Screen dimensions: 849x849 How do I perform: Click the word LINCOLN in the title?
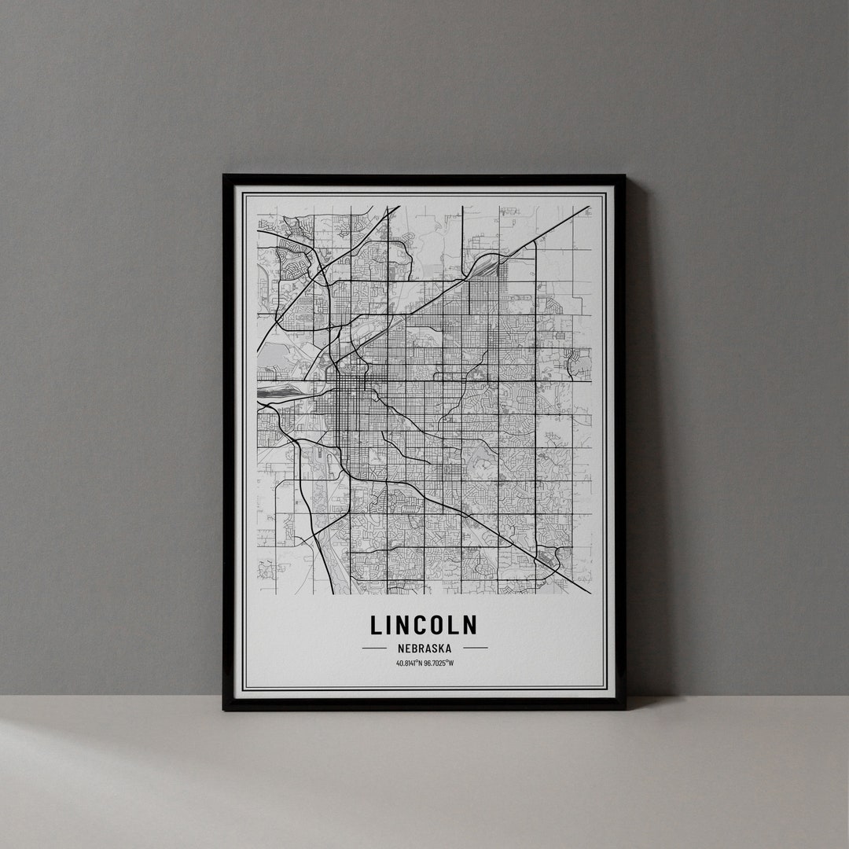click(424, 625)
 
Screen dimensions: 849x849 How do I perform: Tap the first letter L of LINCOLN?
click(377, 625)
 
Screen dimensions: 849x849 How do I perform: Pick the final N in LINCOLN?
click(469, 625)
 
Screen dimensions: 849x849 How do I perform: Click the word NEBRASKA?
click(424, 649)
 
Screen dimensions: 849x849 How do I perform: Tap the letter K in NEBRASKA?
click(443, 649)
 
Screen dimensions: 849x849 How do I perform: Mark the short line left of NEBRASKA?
click(373, 649)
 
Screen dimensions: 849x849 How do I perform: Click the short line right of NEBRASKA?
click(475, 649)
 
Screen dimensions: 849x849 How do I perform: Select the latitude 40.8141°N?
click(410, 663)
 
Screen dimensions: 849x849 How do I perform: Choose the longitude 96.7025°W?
click(439, 663)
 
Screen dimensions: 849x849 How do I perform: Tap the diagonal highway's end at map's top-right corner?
click(588, 208)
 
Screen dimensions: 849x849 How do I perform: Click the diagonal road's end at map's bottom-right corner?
click(589, 592)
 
